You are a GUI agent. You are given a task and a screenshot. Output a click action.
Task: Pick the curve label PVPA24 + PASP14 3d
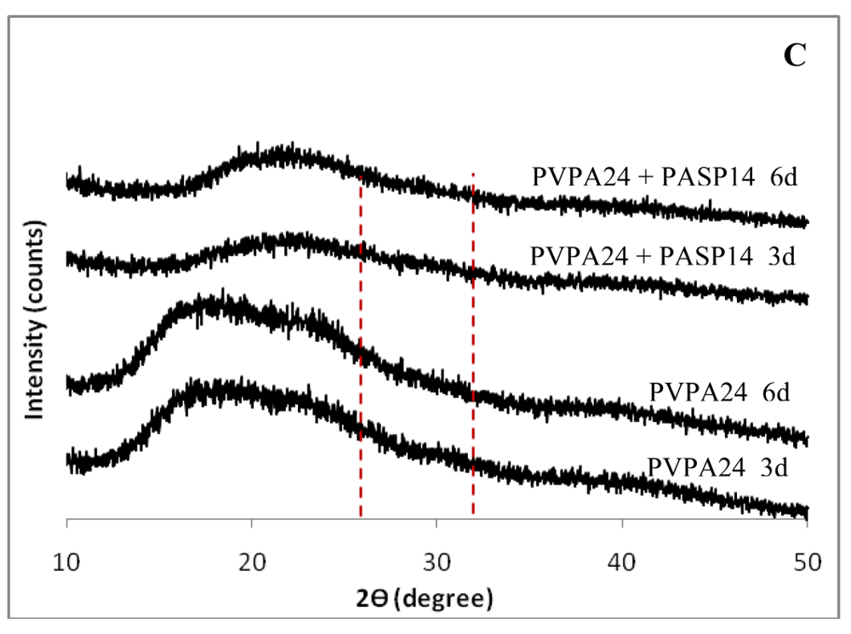coord(662,255)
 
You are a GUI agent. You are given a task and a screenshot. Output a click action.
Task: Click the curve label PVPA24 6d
coord(720,392)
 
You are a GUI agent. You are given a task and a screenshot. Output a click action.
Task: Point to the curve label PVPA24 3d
coord(719,467)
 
